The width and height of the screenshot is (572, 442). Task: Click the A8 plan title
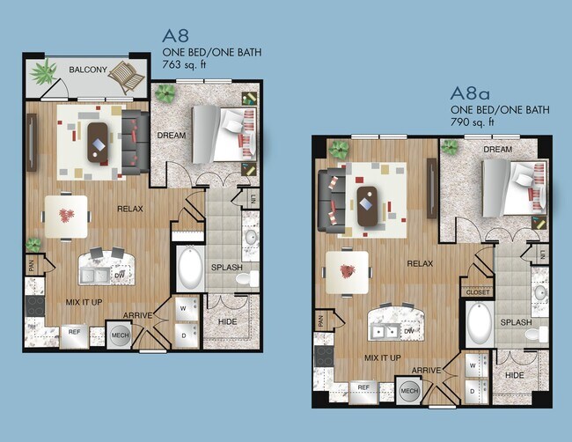176,36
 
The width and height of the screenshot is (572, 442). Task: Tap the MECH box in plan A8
120,335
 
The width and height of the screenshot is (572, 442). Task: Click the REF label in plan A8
75,333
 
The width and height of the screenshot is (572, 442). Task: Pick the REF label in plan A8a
363,387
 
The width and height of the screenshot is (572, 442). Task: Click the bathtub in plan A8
188,269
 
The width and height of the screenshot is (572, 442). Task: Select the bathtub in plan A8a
479,323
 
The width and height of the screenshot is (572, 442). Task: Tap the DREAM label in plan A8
170,135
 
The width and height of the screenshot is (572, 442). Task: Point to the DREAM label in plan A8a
498,150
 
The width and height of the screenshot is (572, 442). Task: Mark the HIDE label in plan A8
227,323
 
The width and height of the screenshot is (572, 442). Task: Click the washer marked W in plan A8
183,309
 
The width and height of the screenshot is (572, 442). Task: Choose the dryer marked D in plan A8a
473,387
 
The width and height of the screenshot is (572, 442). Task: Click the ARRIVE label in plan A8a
426,371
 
